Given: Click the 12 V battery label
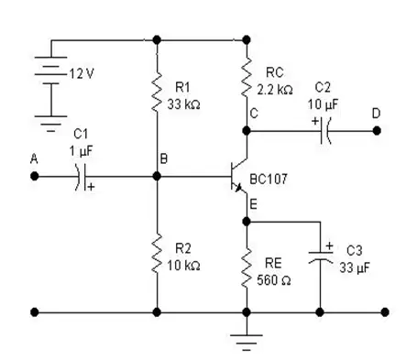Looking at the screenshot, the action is [x=82, y=73].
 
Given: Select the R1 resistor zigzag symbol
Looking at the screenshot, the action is [x=157, y=91].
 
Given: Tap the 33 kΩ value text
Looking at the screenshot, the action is [x=183, y=104].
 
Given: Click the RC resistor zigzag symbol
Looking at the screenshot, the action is [x=247, y=78].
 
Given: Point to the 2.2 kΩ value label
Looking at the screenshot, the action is [x=275, y=90].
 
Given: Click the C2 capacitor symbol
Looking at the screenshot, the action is [x=325, y=131].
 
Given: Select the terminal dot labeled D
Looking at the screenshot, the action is [x=377, y=131].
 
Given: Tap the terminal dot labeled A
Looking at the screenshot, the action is [x=35, y=176].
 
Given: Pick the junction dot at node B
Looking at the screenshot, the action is [x=157, y=176].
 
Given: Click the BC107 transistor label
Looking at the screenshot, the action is [x=269, y=180].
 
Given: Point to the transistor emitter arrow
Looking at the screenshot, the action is [x=237, y=187].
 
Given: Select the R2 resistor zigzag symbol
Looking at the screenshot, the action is [x=157, y=253].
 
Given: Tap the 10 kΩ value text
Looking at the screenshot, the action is [x=183, y=265].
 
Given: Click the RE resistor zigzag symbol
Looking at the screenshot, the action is [x=247, y=267].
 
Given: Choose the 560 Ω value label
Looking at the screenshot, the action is [x=273, y=280].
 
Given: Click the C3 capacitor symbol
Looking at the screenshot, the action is [x=320, y=257].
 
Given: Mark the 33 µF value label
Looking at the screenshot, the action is [x=355, y=267].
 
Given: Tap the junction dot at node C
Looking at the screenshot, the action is [x=247, y=131].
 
